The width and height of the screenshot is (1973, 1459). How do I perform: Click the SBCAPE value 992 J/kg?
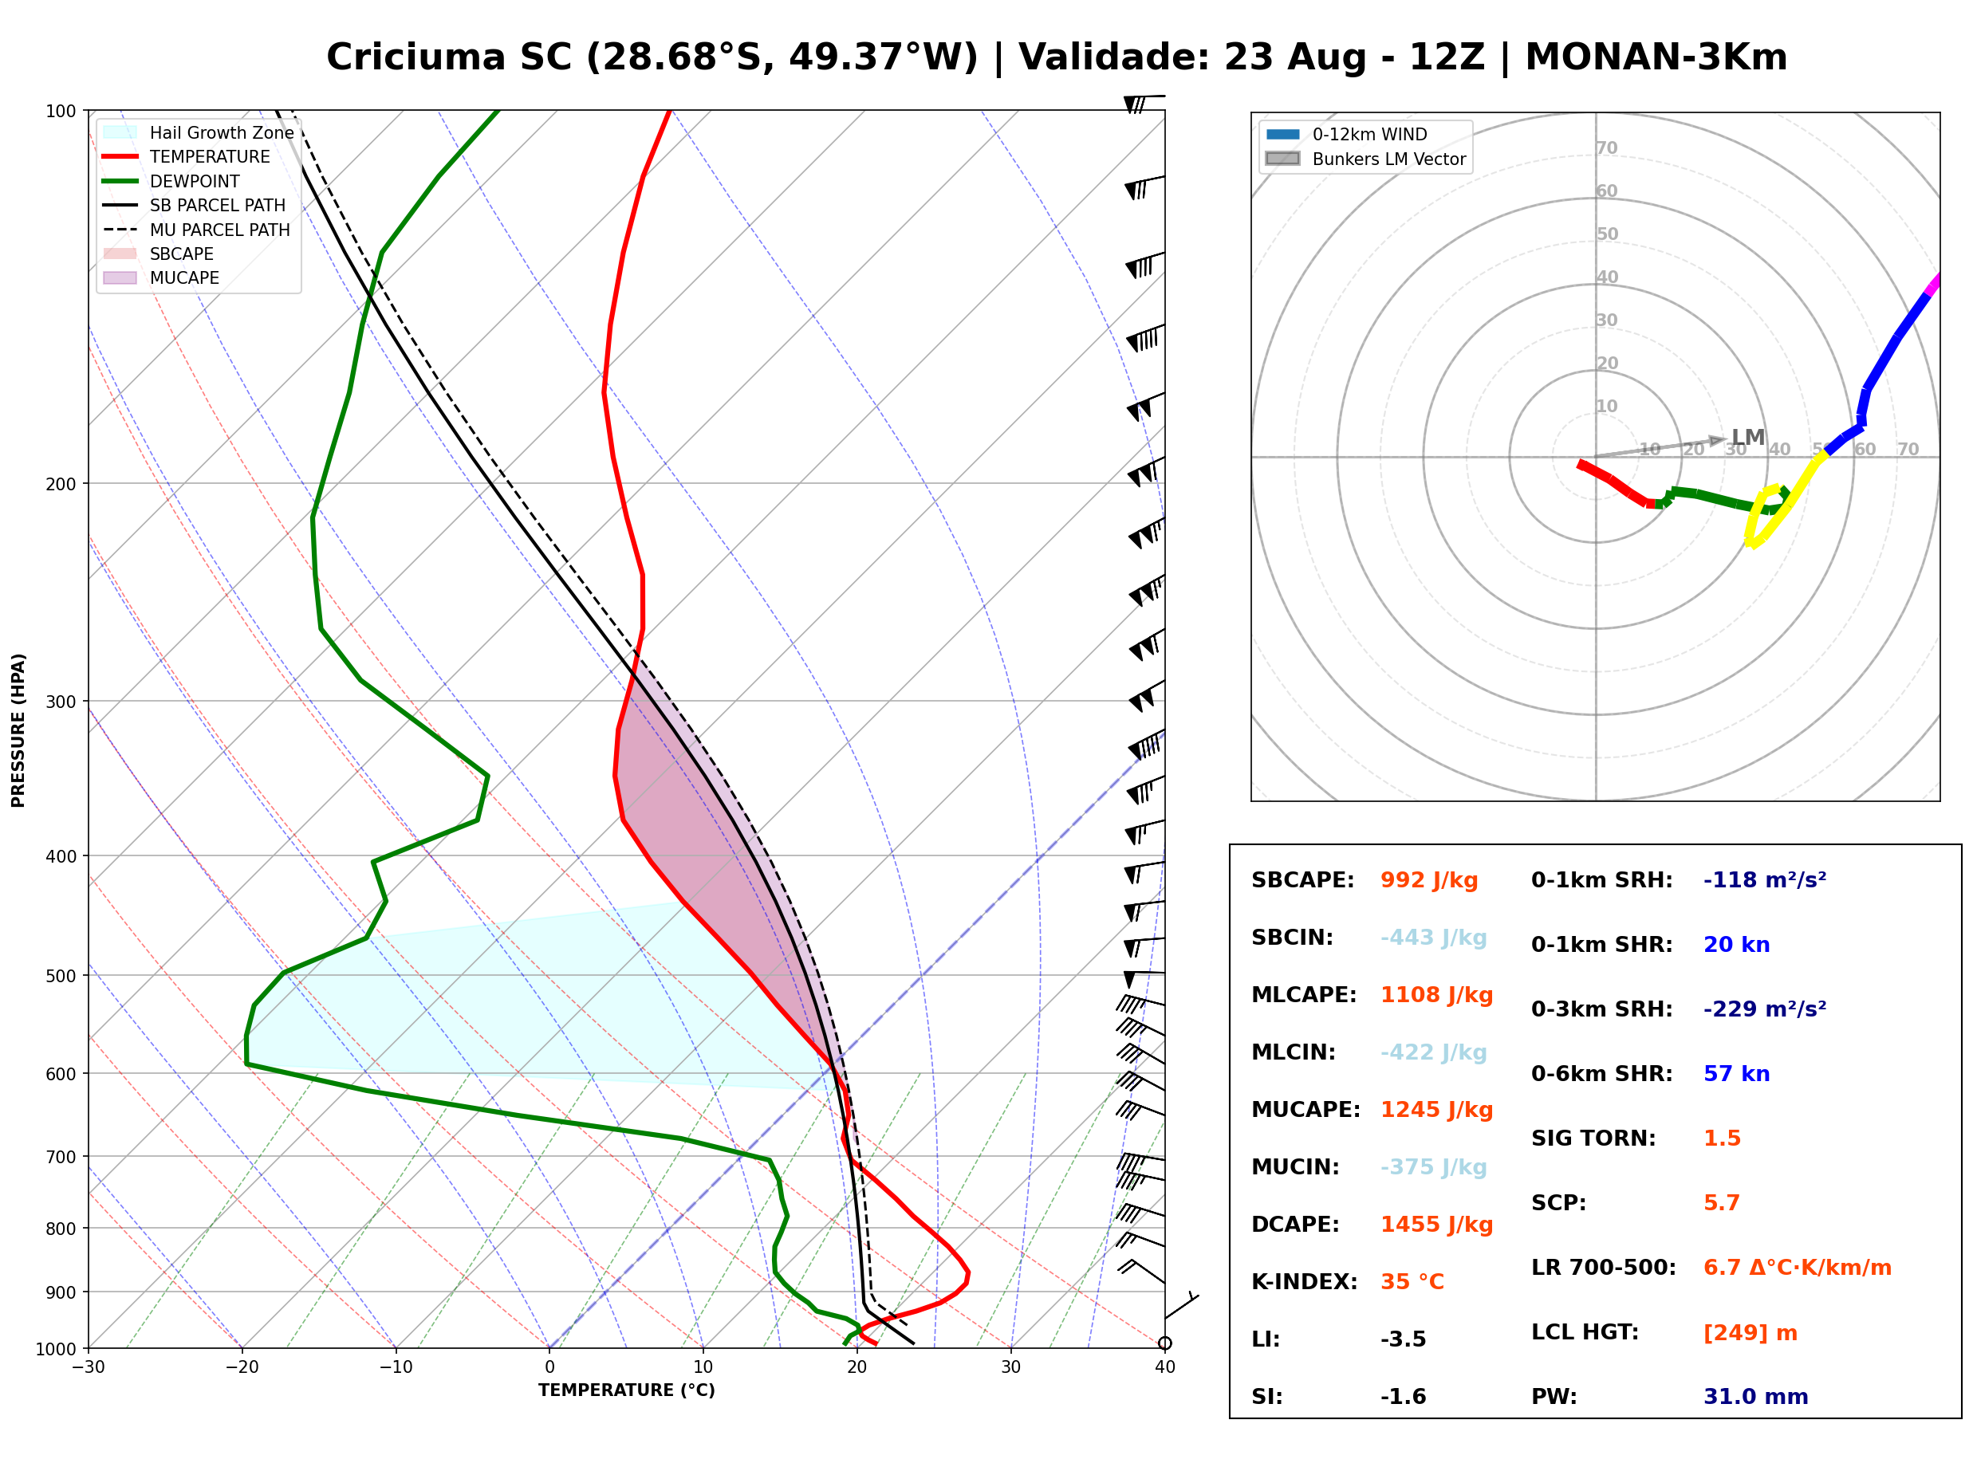tap(1428, 880)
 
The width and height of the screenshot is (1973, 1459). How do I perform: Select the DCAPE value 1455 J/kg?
tap(1436, 1225)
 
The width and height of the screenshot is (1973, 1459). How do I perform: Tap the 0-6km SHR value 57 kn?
tap(1736, 1074)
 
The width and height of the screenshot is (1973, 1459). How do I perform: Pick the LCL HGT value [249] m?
tap(1750, 1333)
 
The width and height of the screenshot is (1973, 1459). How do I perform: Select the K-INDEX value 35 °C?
tap(1412, 1281)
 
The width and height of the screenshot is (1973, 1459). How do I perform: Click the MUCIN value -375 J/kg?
tap(1433, 1167)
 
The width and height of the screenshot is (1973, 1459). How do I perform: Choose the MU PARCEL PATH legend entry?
tap(196, 230)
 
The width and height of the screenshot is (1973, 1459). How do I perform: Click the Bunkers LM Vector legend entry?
tap(1365, 159)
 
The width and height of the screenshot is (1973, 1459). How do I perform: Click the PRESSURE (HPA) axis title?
tap(18, 729)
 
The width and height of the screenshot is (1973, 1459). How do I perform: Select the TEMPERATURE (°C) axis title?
tap(626, 1390)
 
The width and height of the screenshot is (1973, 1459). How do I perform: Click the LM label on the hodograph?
tap(1748, 437)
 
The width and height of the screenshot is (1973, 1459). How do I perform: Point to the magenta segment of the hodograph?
tap(1932, 285)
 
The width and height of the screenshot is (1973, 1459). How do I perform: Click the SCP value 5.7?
tap(1721, 1203)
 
